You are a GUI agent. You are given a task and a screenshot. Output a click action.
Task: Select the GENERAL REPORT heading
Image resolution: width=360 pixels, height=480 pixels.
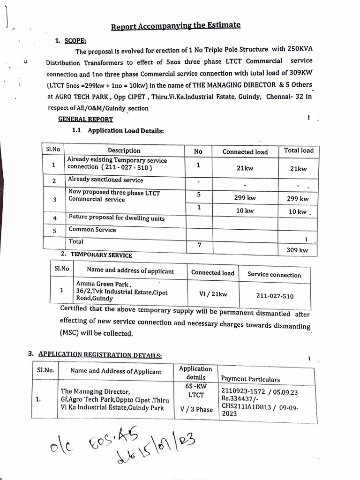click(85, 119)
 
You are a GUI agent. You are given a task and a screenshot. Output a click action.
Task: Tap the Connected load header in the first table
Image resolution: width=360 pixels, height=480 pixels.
click(245, 152)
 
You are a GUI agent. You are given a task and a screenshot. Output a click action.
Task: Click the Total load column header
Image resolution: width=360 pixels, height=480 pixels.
click(299, 150)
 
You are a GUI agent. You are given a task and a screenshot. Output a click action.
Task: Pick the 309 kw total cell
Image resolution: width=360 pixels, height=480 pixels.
click(297, 250)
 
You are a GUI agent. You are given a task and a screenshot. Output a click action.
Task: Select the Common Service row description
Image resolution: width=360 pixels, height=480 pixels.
click(92, 230)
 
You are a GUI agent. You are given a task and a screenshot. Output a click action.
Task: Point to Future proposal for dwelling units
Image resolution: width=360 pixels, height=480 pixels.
click(117, 218)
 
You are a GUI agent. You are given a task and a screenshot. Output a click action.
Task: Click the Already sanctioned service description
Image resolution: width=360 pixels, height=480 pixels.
click(105, 180)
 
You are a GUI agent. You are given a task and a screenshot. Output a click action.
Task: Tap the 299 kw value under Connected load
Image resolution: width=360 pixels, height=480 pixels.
click(245, 198)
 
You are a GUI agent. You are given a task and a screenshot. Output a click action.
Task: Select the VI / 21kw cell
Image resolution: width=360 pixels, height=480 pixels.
click(213, 294)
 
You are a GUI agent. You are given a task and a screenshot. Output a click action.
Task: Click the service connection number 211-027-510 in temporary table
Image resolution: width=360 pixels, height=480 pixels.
click(275, 296)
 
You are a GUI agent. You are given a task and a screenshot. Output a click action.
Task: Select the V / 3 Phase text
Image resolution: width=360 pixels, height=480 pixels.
click(196, 409)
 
